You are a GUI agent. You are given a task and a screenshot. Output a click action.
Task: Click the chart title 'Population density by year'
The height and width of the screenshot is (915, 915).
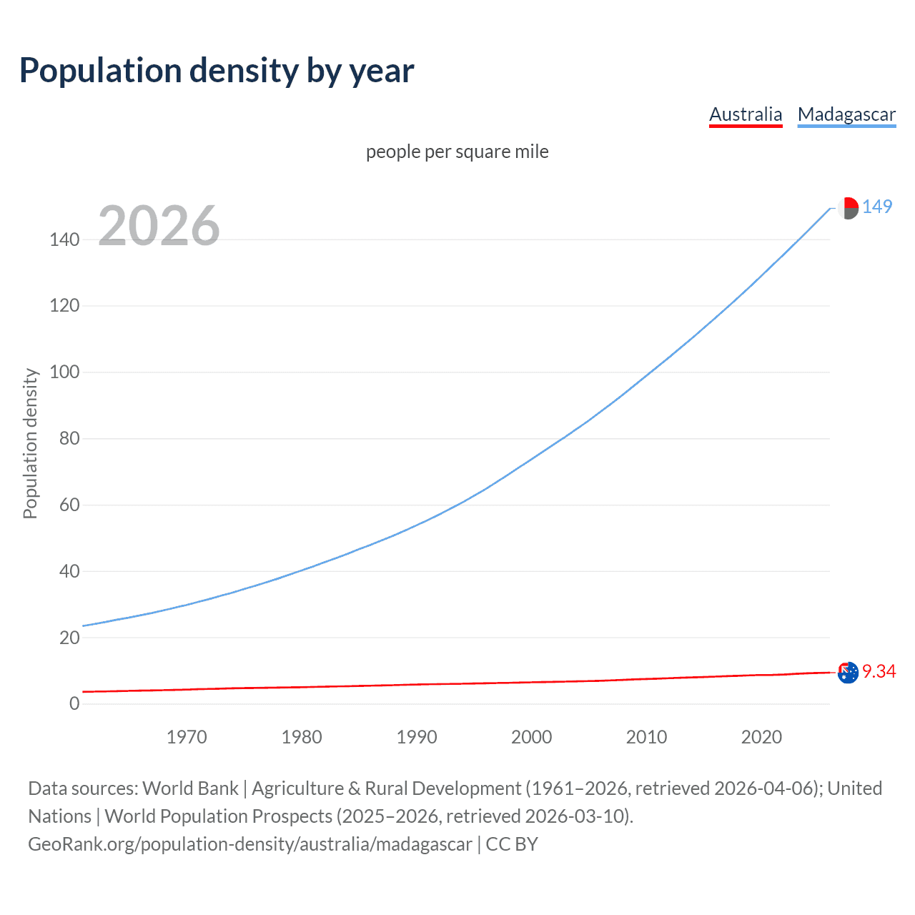(217, 71)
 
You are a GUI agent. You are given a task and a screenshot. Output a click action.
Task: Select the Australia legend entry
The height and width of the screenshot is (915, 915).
(746, 114)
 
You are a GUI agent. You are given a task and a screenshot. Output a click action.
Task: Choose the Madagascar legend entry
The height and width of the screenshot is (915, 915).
(846, 114)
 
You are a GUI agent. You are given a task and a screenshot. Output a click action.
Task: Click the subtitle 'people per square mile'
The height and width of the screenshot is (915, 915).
(457, 152)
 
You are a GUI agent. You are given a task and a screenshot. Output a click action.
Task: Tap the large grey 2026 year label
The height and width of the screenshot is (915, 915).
(159, 226)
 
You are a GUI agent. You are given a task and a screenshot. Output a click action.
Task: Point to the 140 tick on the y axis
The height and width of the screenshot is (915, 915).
(64, 239)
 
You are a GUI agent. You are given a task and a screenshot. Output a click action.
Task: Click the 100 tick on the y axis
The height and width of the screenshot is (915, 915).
(64, 372)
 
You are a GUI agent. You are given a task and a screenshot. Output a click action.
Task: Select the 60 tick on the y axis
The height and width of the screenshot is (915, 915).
(69, 505)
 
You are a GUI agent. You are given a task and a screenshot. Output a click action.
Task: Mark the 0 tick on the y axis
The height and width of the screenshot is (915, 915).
(74, 703)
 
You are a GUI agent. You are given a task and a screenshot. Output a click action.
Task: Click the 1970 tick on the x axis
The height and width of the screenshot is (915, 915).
(187, 737)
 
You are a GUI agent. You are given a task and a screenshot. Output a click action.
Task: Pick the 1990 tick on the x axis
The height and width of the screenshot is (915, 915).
(417, 737)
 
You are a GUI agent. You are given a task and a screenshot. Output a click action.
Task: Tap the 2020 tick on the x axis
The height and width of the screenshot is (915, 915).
(761, 737)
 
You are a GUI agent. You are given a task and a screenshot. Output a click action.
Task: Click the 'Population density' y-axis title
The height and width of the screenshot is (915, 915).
(30, 443)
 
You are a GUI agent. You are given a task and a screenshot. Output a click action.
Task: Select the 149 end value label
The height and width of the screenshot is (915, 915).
(877, 207)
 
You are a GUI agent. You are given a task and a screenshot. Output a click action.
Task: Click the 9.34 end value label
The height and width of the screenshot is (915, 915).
(879, 671)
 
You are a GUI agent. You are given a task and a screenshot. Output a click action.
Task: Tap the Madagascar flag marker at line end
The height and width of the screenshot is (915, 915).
(848, 208)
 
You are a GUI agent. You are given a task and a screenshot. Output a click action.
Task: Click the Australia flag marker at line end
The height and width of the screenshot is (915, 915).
(848, 673)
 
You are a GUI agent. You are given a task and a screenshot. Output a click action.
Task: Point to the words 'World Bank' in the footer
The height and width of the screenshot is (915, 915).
(190, 788)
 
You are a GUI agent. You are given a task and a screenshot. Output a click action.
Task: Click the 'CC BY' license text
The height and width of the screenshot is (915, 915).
(512, 844)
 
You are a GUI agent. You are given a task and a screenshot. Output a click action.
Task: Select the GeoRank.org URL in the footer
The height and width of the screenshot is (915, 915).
(250, 844)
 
